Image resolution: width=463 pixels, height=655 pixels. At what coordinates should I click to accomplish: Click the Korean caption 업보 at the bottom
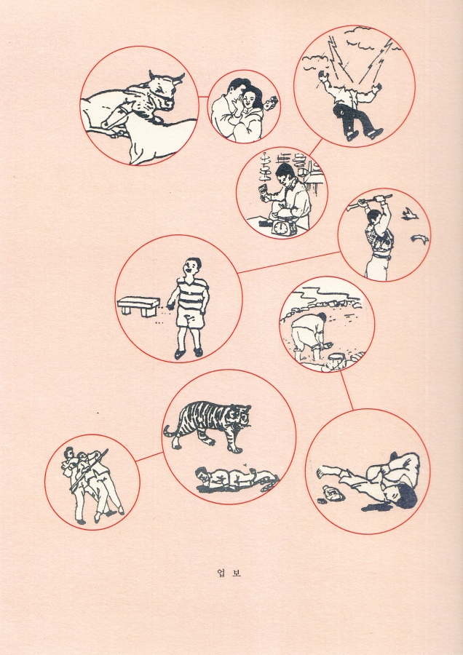pos(229,572)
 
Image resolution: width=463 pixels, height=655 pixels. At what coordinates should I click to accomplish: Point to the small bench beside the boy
pos(138,306)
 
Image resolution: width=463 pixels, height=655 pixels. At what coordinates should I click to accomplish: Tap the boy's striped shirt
pos(192,295)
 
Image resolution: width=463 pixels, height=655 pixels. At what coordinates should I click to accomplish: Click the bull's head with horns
pos(163,89)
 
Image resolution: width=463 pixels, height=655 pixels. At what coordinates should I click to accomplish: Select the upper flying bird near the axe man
pos(410,214)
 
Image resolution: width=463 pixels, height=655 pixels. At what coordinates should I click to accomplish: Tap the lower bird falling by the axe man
pos(419,239)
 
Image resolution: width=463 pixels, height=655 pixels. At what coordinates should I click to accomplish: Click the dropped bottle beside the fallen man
pos(332,496)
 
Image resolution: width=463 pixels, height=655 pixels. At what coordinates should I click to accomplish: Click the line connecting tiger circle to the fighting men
pos(149,456)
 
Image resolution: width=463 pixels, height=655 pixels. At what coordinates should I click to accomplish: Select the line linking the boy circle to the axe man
pos(288,262)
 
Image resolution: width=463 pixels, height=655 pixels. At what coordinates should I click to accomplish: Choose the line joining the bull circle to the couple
pos(203,97)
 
